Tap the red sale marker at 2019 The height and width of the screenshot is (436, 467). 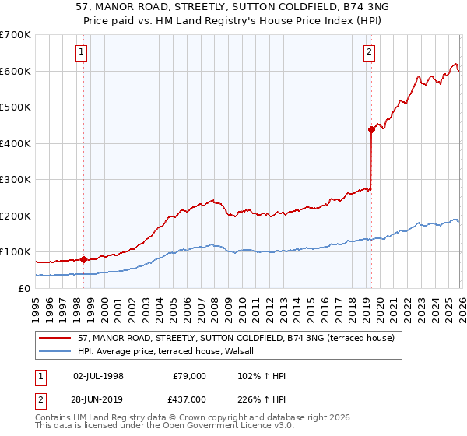pos(371,130)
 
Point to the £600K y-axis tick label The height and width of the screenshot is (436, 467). pos(16,71)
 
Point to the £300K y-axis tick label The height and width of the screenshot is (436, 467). pos(16,180)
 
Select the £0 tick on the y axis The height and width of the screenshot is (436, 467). pos(25,288)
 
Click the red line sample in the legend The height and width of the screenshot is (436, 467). pos(55,338)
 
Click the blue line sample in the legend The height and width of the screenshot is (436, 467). pos(55,351)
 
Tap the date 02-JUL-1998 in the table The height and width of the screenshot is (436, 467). pos(98,376)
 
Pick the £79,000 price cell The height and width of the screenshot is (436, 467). pos(188,376)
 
